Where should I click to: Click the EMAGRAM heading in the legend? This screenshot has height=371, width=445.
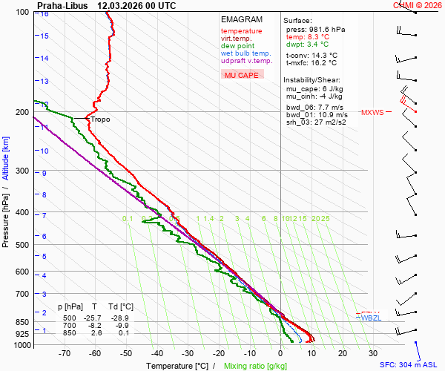242,19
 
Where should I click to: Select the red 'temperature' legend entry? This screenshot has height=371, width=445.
241,31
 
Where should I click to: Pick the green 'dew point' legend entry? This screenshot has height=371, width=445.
237,46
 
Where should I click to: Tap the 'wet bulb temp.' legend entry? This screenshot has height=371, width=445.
245,53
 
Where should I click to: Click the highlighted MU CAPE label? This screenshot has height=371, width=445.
242,75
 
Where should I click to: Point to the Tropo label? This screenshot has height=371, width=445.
101,119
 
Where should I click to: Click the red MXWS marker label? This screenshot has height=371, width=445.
372,113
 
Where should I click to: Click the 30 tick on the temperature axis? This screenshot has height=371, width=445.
373,354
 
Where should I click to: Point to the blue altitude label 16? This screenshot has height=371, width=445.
44,14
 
